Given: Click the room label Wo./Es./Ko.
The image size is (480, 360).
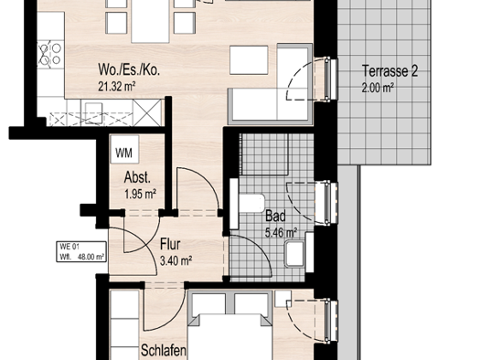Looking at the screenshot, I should [x=130, y=69].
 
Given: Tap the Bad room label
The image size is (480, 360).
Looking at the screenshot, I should [x=275, y=217].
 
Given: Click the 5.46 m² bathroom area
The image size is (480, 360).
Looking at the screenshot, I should [x=281, y=233].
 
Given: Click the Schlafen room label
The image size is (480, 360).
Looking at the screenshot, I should [x=165, y=351].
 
